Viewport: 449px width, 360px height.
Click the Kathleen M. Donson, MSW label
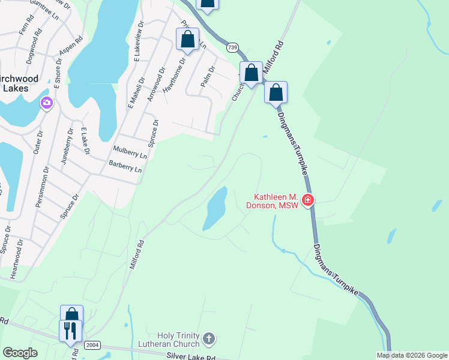[x=276, y=201]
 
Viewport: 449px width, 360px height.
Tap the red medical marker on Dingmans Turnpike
[x=307, y=200]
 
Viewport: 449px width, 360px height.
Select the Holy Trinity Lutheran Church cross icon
[x=208, y=339]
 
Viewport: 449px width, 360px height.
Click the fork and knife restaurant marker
[x=70, y=331]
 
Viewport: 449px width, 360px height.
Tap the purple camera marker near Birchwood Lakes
[x=46, y=103]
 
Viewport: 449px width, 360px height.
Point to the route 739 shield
[x=232, y=46]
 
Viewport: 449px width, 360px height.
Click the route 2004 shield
[x=92, y=345]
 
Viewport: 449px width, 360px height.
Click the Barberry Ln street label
[x=125, y=166]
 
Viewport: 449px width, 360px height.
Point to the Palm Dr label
[x=208, y=76]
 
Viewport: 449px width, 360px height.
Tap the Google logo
[x=20, y=353]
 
